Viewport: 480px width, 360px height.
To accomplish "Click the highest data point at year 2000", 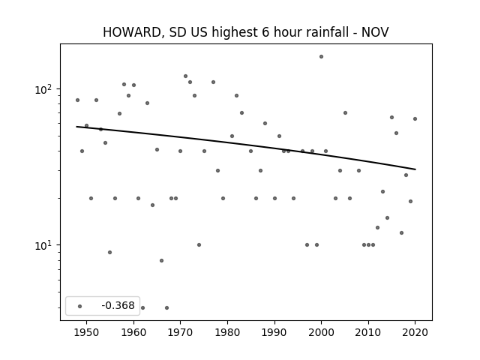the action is (x=321, y=57).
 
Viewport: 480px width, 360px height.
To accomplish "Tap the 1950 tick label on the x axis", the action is (x=87, y=332).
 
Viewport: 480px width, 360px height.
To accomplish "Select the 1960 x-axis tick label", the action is (x=133, y=332).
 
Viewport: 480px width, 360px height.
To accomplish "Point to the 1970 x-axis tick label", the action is (x=181, y=332).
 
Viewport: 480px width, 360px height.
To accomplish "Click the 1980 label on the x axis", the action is (x=227, y=332).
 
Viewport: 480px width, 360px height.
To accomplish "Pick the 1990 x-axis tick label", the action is (x=274, y=332).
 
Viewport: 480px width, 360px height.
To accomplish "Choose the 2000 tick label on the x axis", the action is (x=322, y=332).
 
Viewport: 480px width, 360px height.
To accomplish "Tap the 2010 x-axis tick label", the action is (x=368, y=332).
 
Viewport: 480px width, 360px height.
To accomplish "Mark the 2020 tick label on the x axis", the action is (x=415, y=332).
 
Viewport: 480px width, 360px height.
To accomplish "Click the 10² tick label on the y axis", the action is (x=43, y=90).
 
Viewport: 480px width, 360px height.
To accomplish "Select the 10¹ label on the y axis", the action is (x=43, y=245).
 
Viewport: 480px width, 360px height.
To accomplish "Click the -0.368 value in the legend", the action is (x=118, y=305).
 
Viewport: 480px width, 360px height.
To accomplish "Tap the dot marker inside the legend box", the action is (x=80, y=306).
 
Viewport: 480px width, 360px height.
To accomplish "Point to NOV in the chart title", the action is (x=375, y=32).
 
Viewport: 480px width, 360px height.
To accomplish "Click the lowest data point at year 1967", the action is (x=166, y=307).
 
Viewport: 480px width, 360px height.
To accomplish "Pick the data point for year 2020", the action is (x=415, y=118).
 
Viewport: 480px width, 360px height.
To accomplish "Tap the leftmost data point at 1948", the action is (x=77, y=100).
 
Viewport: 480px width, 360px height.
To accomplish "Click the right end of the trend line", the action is (x=415, y=169).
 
